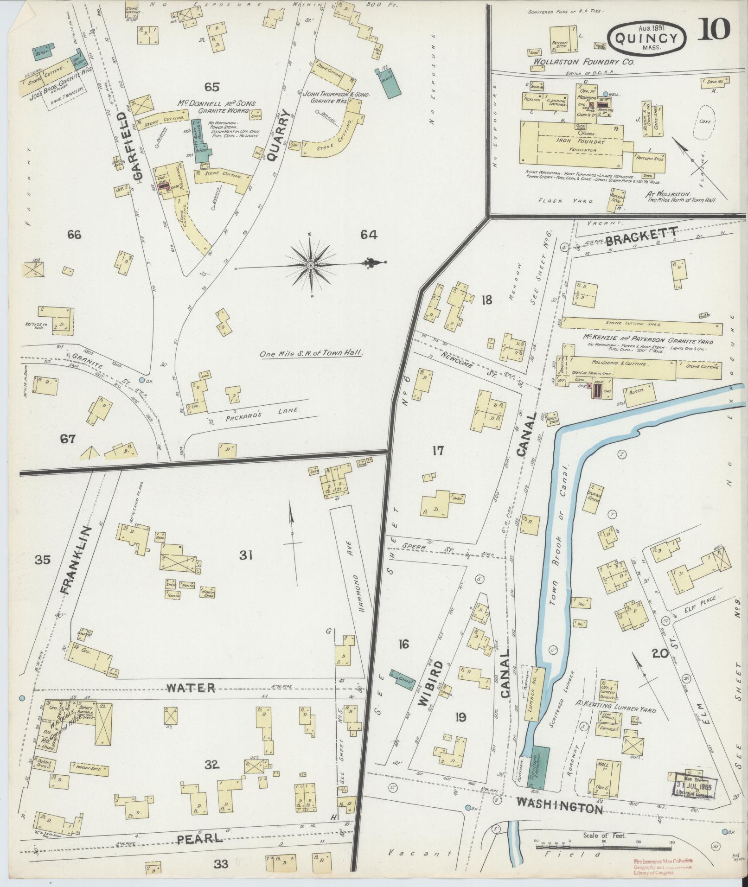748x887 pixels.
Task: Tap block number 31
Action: coord(245,555)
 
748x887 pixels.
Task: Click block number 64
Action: coord(369,235)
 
